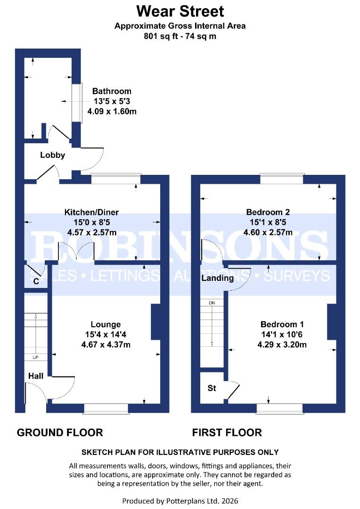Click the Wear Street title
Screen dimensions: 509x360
coord(180,11)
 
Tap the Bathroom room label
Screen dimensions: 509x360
coord(112,91)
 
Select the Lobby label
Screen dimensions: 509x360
coord(52,155)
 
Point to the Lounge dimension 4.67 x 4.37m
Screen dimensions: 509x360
coord(106,344)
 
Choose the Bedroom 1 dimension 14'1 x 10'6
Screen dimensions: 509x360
coord(282,335)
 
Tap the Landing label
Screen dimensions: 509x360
coord(217,278)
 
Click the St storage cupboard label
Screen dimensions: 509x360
coord(212,388)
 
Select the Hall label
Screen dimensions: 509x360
coord(36,376)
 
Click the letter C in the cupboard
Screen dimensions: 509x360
coord(36,282)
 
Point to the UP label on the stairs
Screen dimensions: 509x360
coord(35,357)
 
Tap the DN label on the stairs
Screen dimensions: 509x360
coord(212,302)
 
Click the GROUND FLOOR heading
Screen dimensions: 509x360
coord(60,432)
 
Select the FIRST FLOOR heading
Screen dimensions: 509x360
coord(227,432)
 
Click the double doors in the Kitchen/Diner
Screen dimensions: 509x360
coord(76,252)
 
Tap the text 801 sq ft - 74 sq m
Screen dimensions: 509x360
coord(180,36)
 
